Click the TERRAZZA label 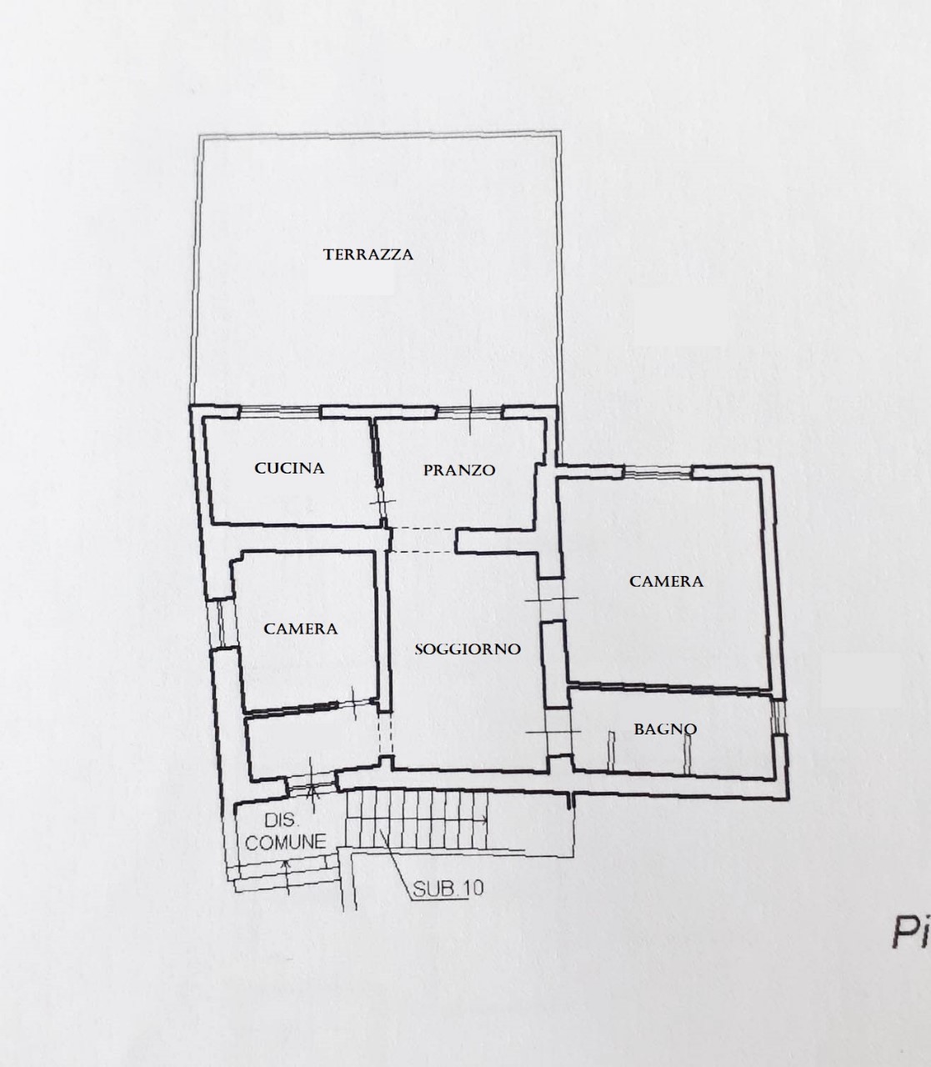pyautogui.click(x=368, y=254)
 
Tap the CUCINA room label pyautogui.click(x=289, y=468)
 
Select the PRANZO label pyautogui.click(x=458, y=470)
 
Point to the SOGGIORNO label pyautogui.click(x=468, y=649)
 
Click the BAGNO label pyautogui.click(x=665, y=729)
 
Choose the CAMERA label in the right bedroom pyautogui.click(x=666, y=582)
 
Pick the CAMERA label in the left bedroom pyautogui.click(x=301, y=629)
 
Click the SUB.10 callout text pyautogui.click(x=448, y=889)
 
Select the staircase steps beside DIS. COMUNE pyautogui.click(x=417, y=819)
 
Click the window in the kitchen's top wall pyautogui.click(x=279, y=412)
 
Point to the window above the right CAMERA pyautogui.click(x=658, y=473)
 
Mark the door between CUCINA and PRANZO pyautogui.click(x=382, y=502)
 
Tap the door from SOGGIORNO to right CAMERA pyautogui.click(x=552, y=599)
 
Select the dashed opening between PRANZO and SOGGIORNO pyautogui.click(x=423, y=541)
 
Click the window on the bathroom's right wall pyautogui.click(x=778, y=718)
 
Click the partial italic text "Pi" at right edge pyautogui.click(x=911, y=932)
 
